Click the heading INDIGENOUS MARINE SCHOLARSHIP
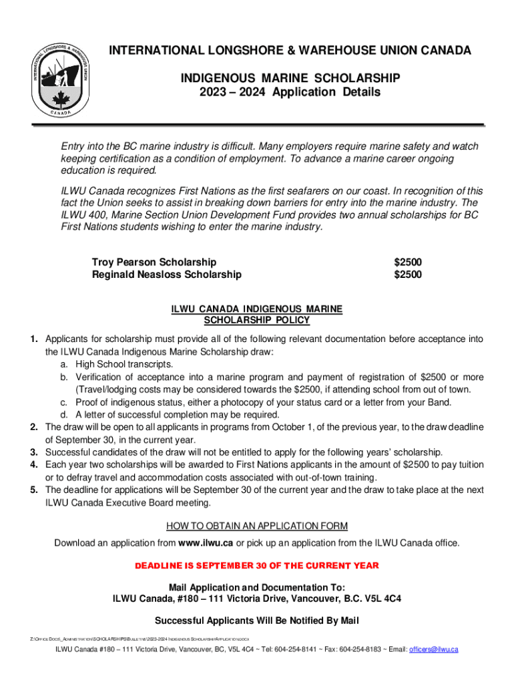tap(290, 79)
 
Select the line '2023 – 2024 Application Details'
tap(290, 93)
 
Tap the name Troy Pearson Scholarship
tap(154, 262)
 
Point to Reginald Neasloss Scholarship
tap(166, 275)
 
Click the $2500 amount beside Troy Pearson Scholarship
tap(408, 262)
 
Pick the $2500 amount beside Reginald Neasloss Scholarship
tap(408, 275)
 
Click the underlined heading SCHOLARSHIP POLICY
tap(256, 320)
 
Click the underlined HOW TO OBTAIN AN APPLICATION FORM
tap(256, 526)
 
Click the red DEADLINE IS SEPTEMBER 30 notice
tap(256, 566)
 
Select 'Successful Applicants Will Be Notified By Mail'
tap(256, 621)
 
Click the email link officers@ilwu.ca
tap(433, 650)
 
